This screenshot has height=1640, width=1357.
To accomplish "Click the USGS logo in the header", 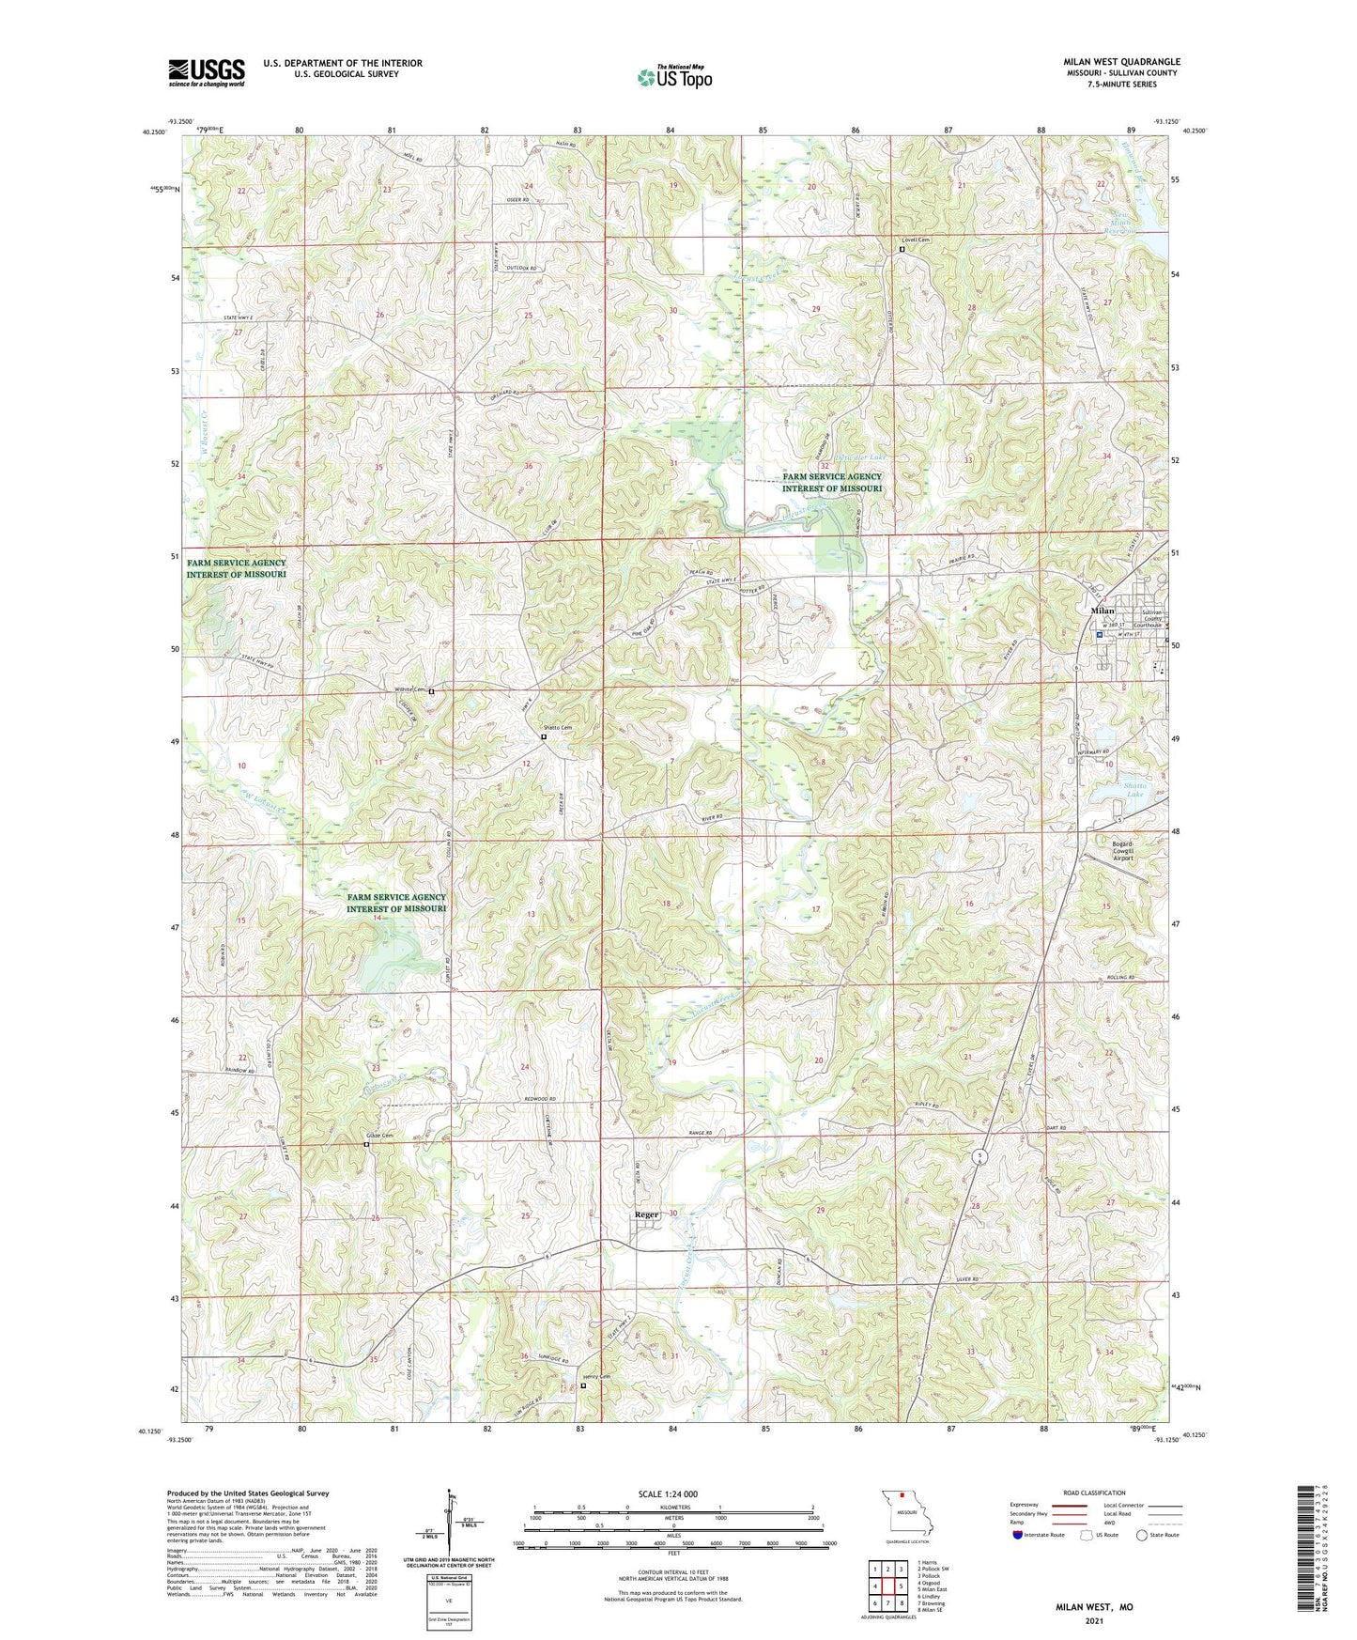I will (207, 71).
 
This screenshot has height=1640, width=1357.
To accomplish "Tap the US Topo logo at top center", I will (674, 77).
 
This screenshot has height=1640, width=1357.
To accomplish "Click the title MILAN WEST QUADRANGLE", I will (1121, 62).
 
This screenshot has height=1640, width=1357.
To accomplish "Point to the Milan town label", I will (1102, 611).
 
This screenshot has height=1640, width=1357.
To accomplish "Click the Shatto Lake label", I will (1135, 790).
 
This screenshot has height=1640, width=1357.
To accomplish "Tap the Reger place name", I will (646, 1215).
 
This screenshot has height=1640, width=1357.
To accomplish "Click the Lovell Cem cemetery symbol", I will (902, 250).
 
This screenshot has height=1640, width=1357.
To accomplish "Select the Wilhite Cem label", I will (410, 691).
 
